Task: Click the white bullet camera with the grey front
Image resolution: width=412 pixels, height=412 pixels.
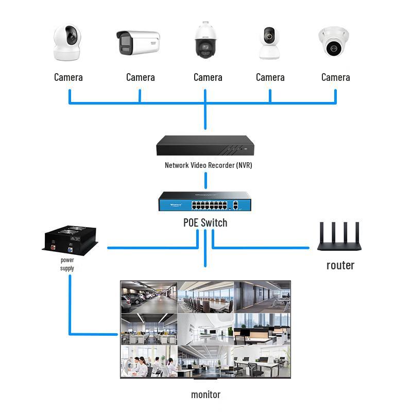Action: click(138, 43)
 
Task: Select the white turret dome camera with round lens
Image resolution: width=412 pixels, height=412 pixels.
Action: click(334, 42)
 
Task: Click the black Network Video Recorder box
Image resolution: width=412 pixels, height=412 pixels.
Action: click(205, 146)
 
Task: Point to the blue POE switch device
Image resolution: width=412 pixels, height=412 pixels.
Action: click(204, 201)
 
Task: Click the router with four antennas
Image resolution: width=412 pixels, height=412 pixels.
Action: click(339, 236)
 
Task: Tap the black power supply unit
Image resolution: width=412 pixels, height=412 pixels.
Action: click(70, 241)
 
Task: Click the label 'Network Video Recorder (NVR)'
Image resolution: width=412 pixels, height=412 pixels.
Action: click(209, 165)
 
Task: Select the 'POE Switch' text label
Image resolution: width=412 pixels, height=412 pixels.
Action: click(205, 223)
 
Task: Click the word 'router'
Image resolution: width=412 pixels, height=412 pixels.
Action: click(340, 265)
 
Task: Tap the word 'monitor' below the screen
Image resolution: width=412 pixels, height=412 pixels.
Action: click(205, 394)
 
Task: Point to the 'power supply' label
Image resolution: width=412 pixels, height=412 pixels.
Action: click(67, 264)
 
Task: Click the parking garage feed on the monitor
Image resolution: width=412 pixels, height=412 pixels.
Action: click(149, 297)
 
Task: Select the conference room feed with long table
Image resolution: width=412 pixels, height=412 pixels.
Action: click(205, 297)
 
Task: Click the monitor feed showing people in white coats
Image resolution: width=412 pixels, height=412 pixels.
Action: click(149, 362)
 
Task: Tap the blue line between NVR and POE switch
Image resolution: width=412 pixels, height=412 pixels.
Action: click(205, 181)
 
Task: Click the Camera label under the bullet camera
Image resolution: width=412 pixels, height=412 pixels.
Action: click(140, 77)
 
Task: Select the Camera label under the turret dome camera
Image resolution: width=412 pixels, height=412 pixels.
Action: click(336, 77)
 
